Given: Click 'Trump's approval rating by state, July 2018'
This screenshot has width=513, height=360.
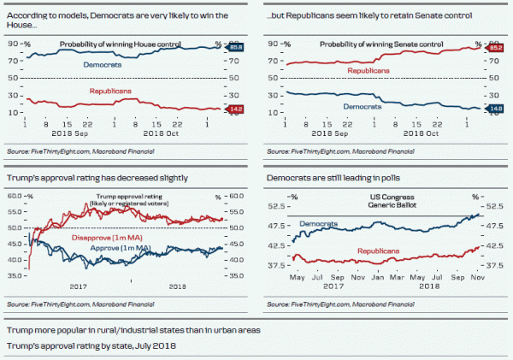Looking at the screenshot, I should pyautogui.click(x=91, y=345).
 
